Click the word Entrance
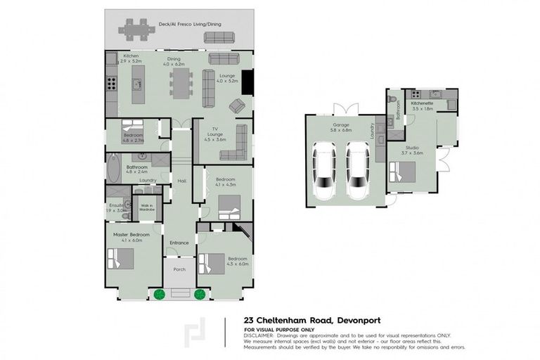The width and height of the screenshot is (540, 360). pos(179,243)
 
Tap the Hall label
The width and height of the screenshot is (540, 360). pos(181,181)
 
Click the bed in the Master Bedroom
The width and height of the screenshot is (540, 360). pos(120,259)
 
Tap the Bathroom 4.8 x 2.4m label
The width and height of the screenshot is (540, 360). pos(137,169)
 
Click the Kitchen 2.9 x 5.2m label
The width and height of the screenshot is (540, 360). pos(131,59)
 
